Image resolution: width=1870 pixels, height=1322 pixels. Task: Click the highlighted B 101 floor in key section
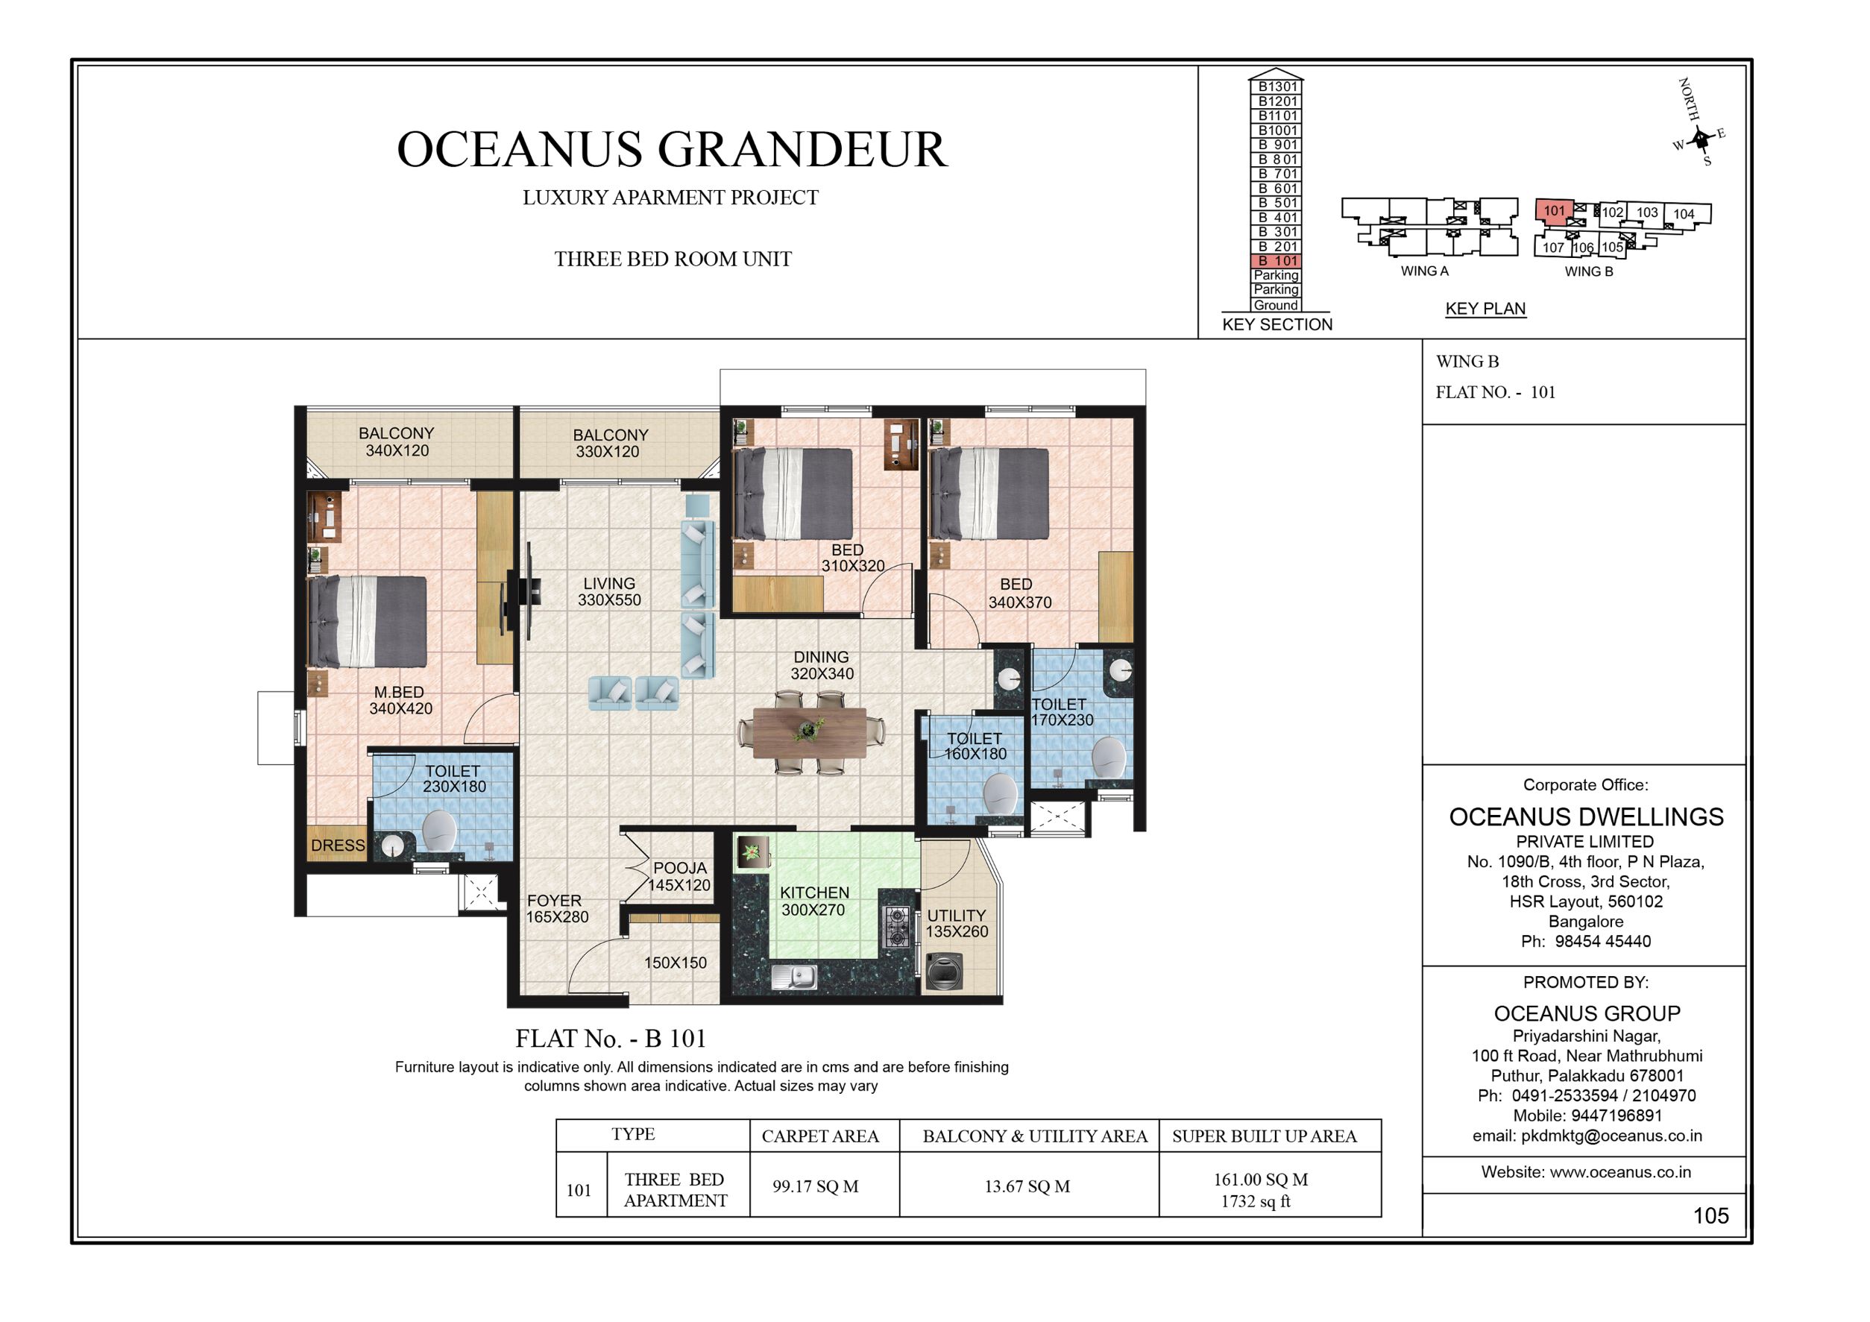(x=1276, y=261)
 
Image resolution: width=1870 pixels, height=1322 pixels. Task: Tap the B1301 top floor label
(x=1276, y=86)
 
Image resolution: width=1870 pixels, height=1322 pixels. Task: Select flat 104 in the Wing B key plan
(x=1684, y=214)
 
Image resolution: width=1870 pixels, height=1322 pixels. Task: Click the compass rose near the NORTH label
(x=1699, y=141)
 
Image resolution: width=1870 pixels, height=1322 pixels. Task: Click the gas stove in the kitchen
(x=897, y=926)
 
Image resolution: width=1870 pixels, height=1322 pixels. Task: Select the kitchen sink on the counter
(x=795, y=977)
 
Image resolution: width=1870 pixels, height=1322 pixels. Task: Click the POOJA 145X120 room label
(x=680, y=876)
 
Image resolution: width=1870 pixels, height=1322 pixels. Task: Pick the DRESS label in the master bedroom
(x=337, y=846)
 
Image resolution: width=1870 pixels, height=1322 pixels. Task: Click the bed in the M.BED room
(x=368, y=622)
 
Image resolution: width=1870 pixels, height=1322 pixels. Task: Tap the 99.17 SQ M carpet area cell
(x=815, y=1186)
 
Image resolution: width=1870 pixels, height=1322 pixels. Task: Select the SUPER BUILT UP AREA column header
(x=1264, y=1136)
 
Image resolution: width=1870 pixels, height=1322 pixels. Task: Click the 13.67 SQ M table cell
(x=1027, y=1186)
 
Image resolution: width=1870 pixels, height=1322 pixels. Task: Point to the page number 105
(x=1710, y=1216)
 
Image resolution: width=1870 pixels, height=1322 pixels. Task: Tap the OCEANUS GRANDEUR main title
(x=672, y=150)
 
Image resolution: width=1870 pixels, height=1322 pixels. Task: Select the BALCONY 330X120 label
(x=610, y=444)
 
